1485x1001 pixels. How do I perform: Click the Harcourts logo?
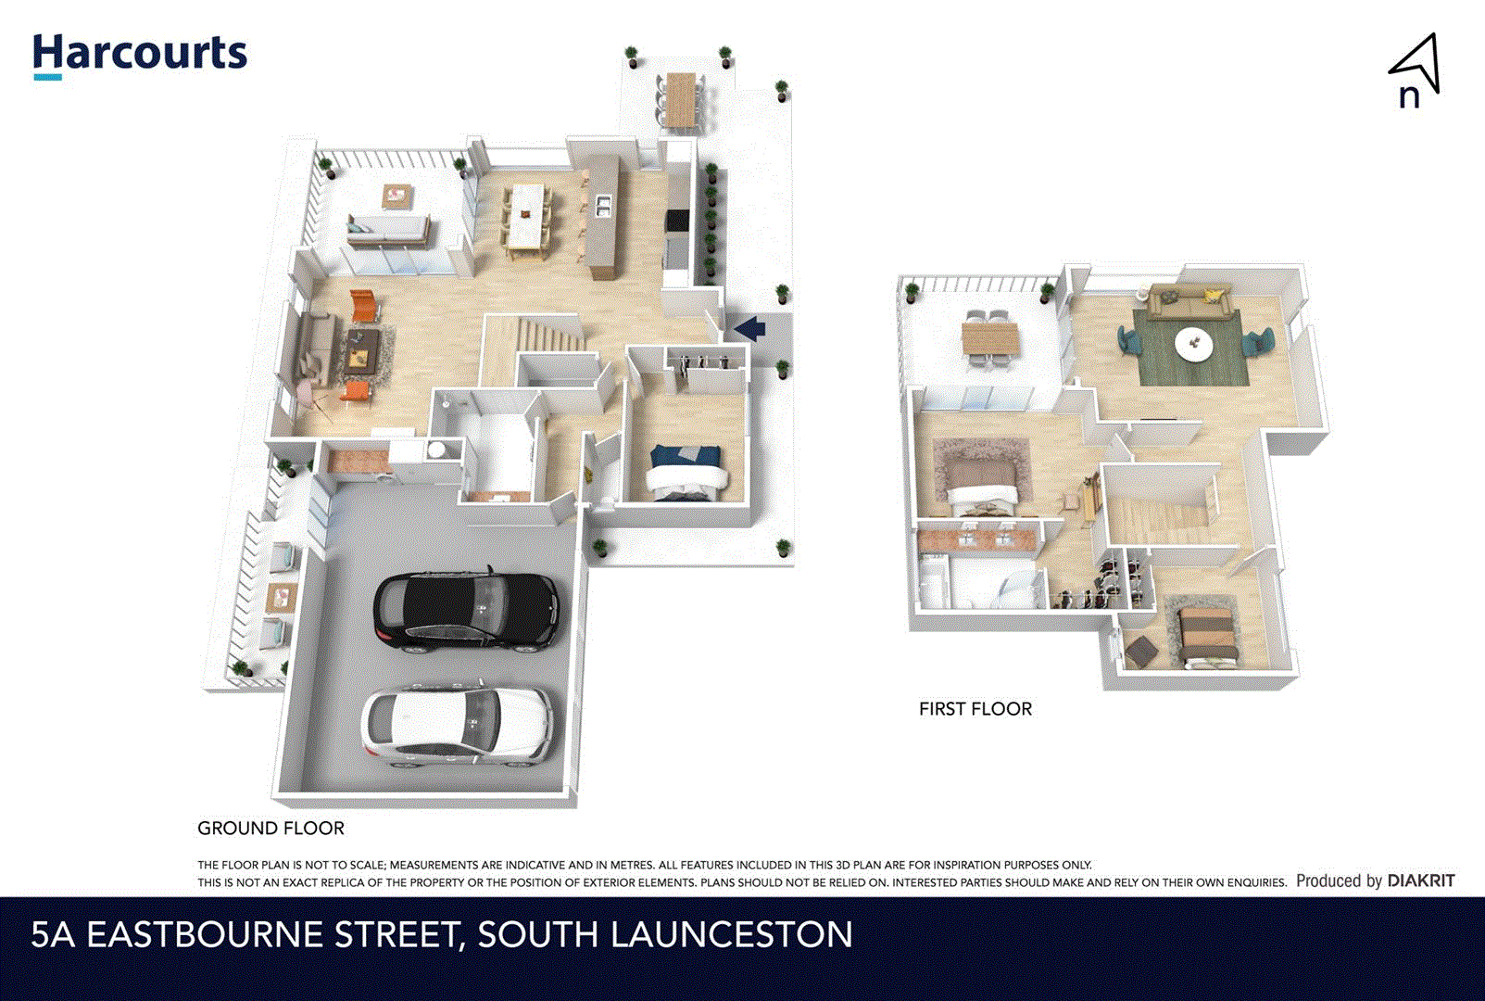140,55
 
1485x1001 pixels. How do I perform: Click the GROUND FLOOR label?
271,828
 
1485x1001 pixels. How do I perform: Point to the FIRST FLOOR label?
975,709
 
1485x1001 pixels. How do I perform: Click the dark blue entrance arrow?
749,327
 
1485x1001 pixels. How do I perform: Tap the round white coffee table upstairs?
1193,345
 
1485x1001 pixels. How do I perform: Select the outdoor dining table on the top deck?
681,99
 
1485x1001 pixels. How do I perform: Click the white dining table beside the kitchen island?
526,216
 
